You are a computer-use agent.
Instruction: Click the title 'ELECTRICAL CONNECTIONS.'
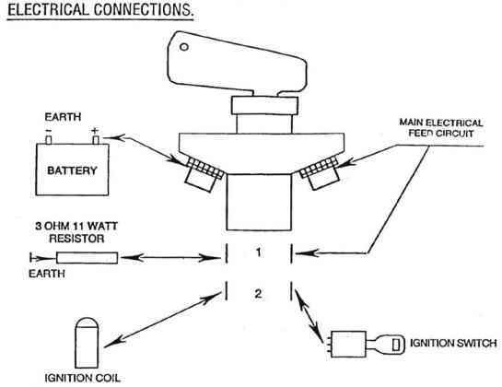pos(100,9)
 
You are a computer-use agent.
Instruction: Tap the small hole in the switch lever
pos(184,47)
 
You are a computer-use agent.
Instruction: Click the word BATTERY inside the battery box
pos(72,170)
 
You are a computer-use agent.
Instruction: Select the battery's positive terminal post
pos(96,140)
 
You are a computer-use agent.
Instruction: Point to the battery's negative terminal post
pos(49,140)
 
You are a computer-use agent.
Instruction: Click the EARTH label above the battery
pos(63,117)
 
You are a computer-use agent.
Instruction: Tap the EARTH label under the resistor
pos(47,274)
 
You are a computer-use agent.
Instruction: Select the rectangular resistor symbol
pos(88,258)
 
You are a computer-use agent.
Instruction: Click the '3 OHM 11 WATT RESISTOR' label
pos(76,232)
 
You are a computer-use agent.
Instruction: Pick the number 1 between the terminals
pos(258,252)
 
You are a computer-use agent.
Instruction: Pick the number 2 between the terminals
pos(258,293)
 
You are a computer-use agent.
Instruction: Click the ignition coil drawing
pos(87,343)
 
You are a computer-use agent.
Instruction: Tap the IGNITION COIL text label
pos(83,378)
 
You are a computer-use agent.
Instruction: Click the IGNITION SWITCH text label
pos(453,344)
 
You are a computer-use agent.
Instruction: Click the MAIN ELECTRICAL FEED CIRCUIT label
pos(441,128)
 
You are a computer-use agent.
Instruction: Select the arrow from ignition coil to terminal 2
pos(163,320)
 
